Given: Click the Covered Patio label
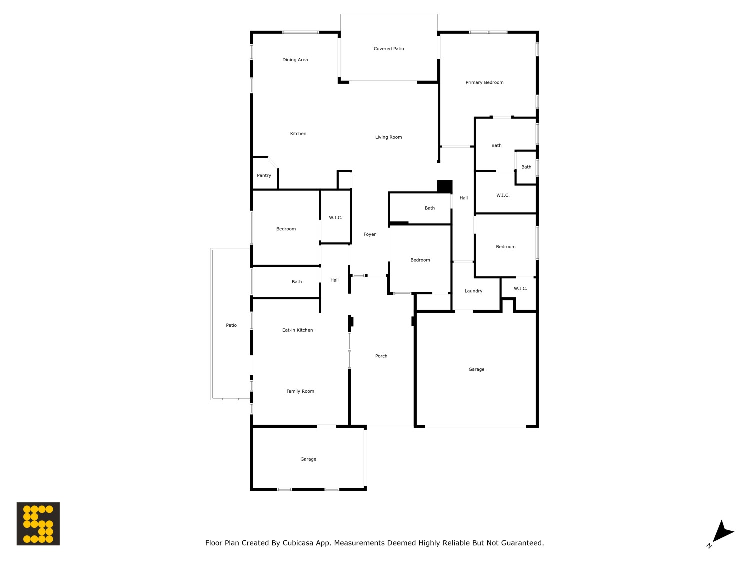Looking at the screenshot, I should click(x=389, y=49).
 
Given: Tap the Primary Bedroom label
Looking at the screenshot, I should click(x=484, y=82).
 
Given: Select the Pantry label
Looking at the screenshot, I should click(x=264, y=175).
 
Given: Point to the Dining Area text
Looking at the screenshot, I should click(x=295, y=60).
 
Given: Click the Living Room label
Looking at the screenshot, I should click(x=388, y=137).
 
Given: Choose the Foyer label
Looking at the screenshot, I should click(x=369, y=234).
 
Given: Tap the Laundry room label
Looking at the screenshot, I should click(x=473, y=291).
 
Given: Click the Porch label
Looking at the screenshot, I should click(x=381, y=356).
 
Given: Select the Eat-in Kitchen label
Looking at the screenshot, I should click(x=297, y=330).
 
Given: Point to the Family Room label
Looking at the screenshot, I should click(x=300, y=391).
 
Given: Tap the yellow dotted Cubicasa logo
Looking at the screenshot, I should click(x=38, y=524).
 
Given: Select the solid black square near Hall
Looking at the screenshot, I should click(x=445, y=186).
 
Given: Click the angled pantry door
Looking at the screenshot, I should click(x=273, y=163).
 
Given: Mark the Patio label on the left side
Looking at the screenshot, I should click(x=231, y=325).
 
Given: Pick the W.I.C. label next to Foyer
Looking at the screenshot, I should click(x=335, y=218).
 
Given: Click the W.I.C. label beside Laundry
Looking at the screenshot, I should click(x=520, y=289).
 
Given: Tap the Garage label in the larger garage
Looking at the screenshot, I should click(x=476, y=369).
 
